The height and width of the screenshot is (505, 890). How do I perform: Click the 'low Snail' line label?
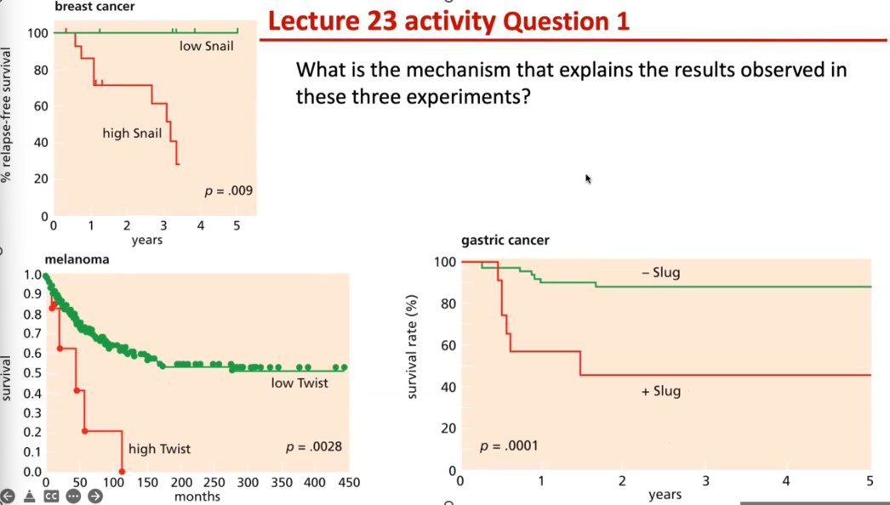pos(206,46)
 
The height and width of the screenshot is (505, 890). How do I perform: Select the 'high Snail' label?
pos(132,133)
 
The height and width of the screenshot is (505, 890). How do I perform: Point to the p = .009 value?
pos(228,190)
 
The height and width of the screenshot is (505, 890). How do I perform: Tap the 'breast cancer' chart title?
pos(94,7)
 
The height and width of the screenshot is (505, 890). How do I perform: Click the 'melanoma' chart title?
pos(77,259)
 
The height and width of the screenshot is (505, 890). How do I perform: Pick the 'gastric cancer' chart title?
pos(505,241)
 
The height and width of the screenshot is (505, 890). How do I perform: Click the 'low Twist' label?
pos(300,383)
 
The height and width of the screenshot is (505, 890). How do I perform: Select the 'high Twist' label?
pos(159,449)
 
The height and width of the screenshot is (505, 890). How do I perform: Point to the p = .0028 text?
pos(314,446)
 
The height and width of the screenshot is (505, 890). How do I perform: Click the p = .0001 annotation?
pos(509,445)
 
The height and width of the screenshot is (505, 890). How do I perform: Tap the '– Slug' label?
pos(660,273)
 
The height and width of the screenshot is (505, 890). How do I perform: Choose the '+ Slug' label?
pos(660,391)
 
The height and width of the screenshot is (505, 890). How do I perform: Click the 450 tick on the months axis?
pos(349,483)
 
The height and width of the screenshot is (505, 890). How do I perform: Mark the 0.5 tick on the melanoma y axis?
pos(31,373)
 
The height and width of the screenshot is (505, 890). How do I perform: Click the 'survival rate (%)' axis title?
pos(412,346)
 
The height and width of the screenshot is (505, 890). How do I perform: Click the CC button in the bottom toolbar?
pos(51,496)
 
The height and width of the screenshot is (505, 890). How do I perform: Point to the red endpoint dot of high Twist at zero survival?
pos(123,471)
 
